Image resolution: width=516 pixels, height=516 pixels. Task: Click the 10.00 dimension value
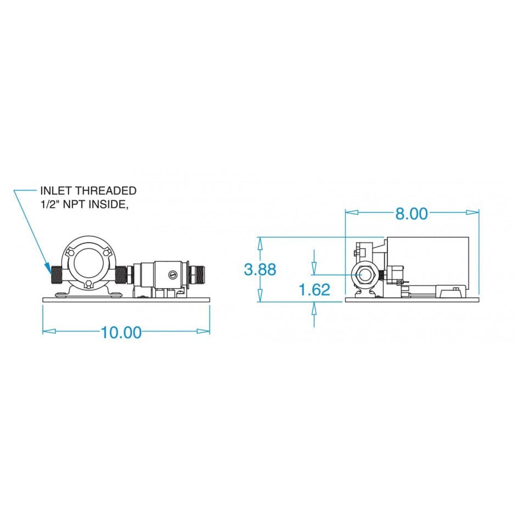pyautogui.click(x=121, y=332)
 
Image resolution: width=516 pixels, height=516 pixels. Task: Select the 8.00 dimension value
pyautogui.click(x=411, y=214)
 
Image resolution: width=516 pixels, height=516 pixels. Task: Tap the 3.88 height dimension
pyautogui.click(x=260, y=270)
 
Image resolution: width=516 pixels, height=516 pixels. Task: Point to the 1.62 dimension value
pyautogui.click(x=315, y=290)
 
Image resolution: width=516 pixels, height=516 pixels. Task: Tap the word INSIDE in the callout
pyautogui.click(x=107, y=204)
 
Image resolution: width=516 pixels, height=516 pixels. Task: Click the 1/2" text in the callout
pyautogui.click(x=50, y=204)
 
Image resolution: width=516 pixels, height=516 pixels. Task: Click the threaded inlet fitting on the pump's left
pyautogui.click(x=57, y=274)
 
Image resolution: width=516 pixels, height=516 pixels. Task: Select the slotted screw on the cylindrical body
pyautogui.click(x=172, y=274)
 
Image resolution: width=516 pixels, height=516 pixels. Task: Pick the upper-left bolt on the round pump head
pyautogui.click(x=69, y=253)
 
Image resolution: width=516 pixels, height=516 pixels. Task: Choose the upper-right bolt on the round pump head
pyautogui.click(x=106, y=253)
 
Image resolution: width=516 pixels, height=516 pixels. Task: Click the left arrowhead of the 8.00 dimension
pyautogui.click(x=351, y=212)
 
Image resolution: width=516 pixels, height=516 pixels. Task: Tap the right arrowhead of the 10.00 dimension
pyautogui.click(x=203, y=331)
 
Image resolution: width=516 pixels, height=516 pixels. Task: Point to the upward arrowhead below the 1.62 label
pyautogui.click(x=314, y=309)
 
